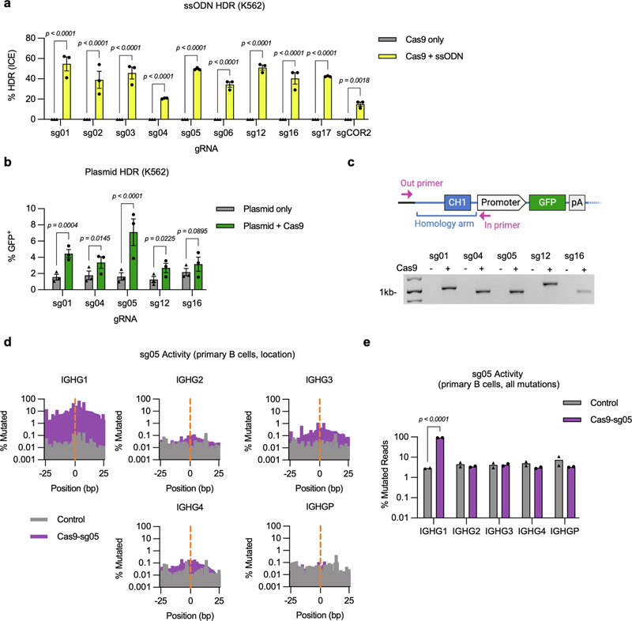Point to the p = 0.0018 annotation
(x=356, y=81)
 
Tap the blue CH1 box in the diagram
(x=457, y=203)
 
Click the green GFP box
(x=546, y=203)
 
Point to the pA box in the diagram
(x=577, y=203)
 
